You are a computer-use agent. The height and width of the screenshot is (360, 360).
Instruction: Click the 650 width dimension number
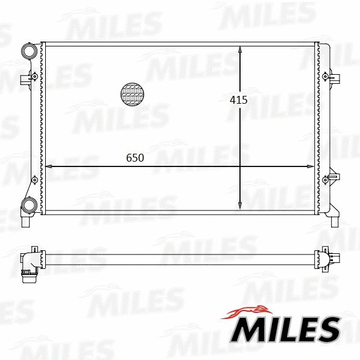135,158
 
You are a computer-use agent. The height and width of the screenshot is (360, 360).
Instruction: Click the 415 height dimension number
239,101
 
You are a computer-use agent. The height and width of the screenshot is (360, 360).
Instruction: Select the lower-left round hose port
27,206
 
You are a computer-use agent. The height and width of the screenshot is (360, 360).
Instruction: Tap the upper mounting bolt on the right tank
326,77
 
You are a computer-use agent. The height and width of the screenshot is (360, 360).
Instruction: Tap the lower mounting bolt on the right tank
326,179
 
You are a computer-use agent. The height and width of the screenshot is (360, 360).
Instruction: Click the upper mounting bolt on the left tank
34,77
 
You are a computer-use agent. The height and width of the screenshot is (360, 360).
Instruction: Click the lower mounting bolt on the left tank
34,179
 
